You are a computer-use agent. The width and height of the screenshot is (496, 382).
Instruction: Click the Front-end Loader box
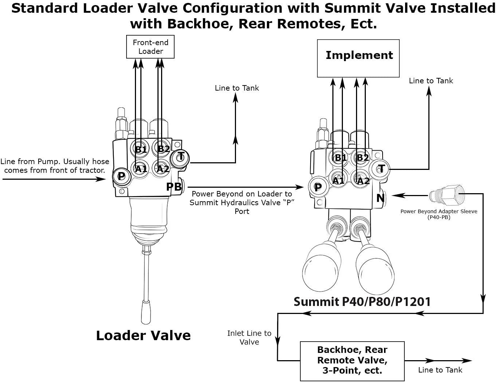(150, 47)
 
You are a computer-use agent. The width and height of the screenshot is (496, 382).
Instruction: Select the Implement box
(358, 58)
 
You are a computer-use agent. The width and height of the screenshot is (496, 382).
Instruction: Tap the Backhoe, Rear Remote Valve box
(352, 361)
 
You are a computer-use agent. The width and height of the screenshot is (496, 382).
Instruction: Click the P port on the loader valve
(121, 176)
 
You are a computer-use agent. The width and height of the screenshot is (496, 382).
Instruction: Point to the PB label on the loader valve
(174, 187)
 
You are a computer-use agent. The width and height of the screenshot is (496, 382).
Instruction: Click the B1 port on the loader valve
(140, 149)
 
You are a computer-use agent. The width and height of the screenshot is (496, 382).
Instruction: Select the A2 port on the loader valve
(162, 168)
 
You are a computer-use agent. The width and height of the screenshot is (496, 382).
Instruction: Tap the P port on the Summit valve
(317, 187)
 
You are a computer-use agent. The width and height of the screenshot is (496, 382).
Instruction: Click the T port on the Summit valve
(381, 169)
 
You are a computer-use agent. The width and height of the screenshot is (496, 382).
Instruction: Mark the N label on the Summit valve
(380, 198)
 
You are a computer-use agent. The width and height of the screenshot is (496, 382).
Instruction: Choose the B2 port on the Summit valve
(362, 158)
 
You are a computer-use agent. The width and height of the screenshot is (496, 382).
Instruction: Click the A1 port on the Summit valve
(339, 180)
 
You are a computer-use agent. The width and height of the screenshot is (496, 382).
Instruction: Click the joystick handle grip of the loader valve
(146, 311)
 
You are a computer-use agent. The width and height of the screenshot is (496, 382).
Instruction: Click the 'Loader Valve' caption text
(143, 335)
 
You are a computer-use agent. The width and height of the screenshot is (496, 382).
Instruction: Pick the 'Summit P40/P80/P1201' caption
(362, 302)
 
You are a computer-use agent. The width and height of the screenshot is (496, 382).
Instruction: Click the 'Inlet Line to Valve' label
(249, 338)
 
